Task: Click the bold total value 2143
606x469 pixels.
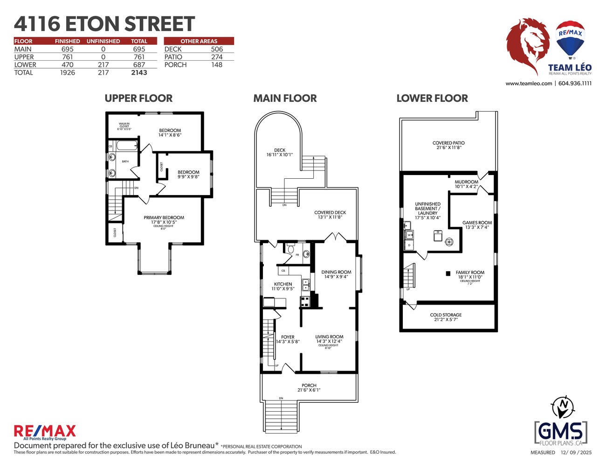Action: (139, 72)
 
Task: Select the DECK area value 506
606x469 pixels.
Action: (217, 49)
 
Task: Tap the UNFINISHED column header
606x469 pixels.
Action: (103, 41)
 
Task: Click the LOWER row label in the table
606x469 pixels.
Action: (25, 65)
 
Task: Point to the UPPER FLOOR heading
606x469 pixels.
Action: (138, 98)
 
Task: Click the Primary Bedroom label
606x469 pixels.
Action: (164, 220)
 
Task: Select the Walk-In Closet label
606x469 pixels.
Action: (124, 126)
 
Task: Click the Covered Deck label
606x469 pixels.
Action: (330, 215)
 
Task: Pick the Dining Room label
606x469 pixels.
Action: (336, 274)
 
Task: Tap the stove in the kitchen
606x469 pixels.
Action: (305, 301)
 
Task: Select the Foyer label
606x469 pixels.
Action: (288, 339)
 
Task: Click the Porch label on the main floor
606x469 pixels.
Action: (309, 388)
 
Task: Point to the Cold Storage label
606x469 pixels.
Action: (446, 317)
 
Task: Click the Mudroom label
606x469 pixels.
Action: (466, 184)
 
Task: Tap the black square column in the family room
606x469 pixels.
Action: (448, 273)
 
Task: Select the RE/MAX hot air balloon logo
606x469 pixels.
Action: (571, 39)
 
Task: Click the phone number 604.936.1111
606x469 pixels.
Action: (575, 84)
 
